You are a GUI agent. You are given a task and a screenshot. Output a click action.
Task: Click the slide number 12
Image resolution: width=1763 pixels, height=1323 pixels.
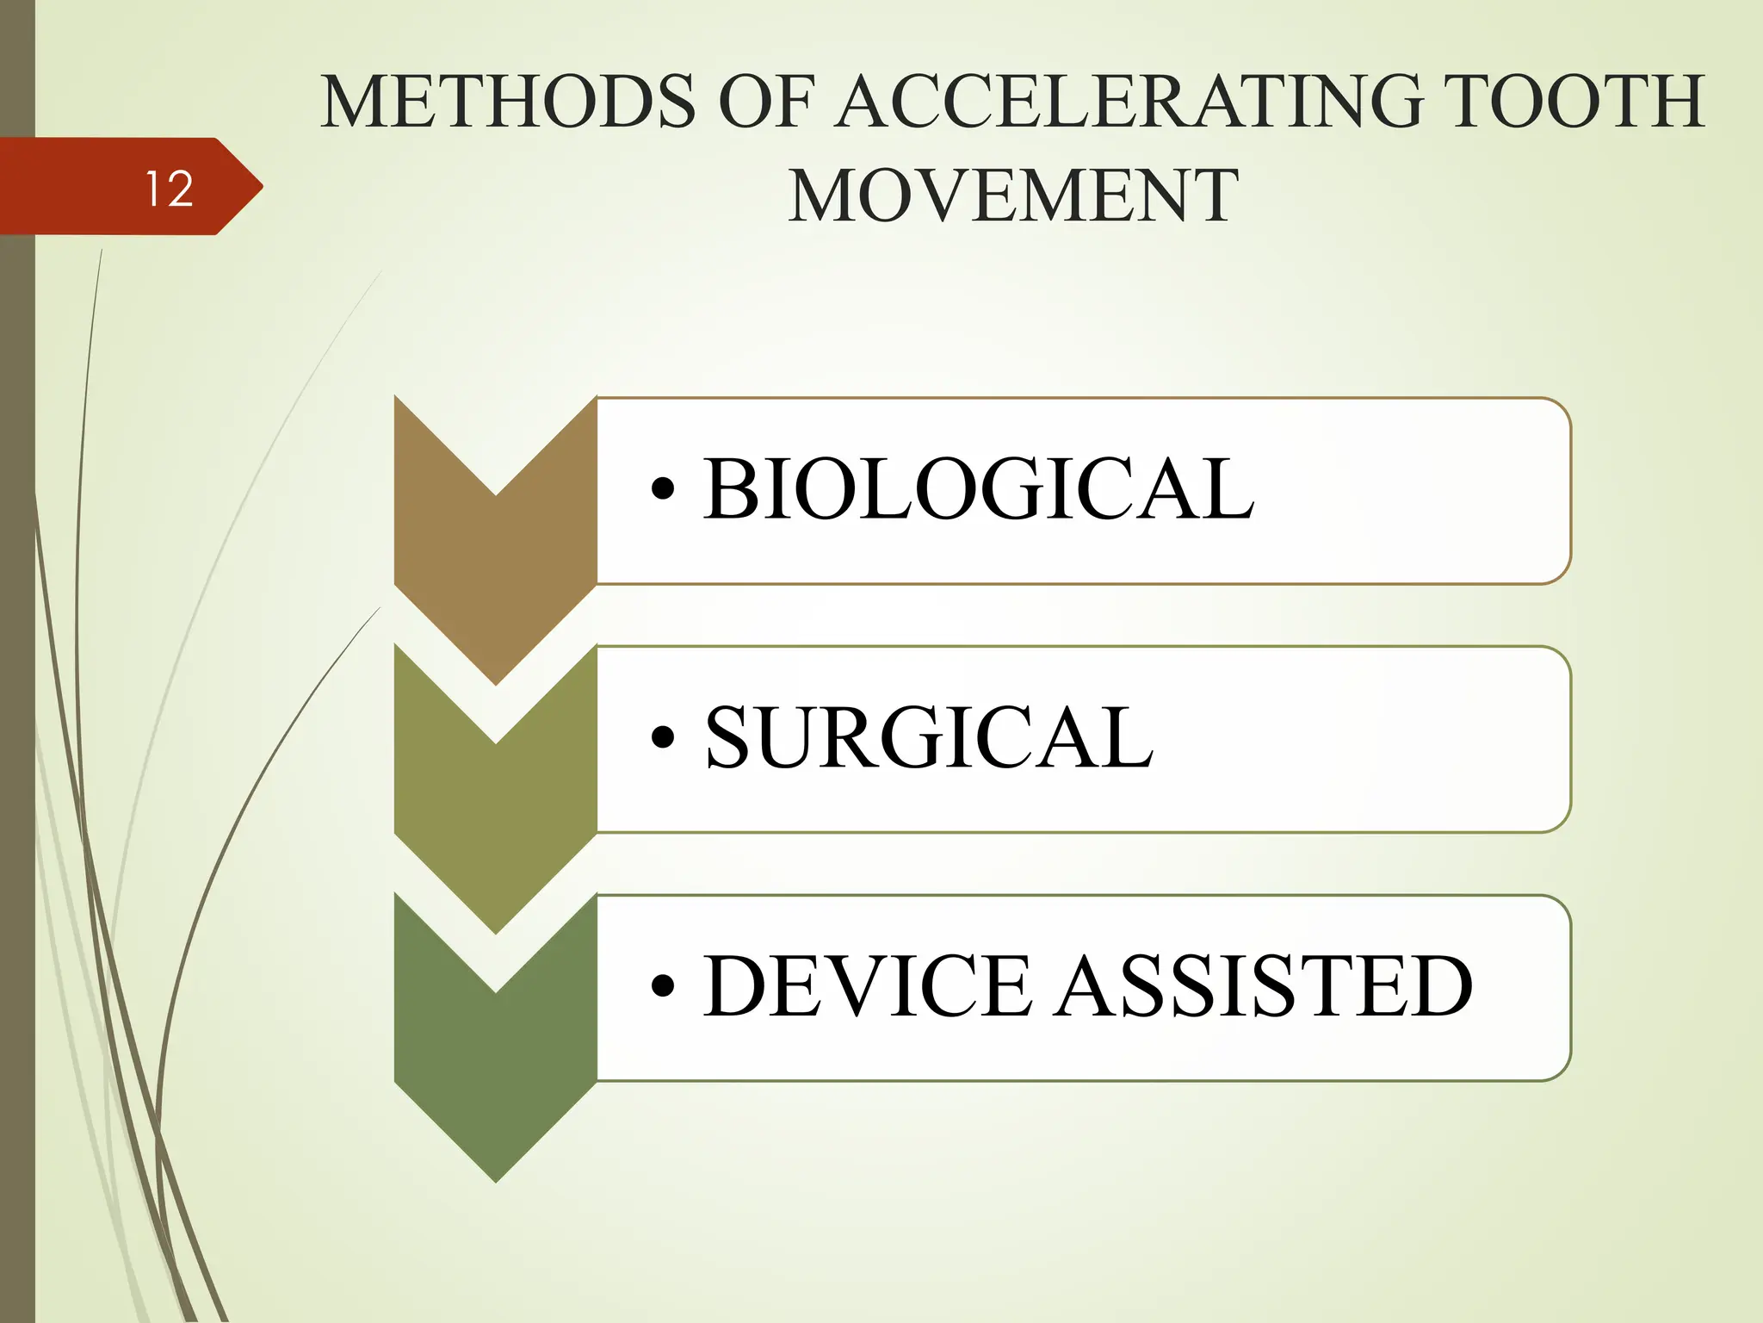tap(169, 189)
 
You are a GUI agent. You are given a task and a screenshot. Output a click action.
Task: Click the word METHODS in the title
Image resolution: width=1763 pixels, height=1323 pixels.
tap(508, 102)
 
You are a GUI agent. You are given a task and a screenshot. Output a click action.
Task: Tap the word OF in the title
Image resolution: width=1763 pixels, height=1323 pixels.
tap(765, 102)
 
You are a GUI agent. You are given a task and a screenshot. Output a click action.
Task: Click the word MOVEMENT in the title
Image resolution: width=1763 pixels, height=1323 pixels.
tap(1013, 197)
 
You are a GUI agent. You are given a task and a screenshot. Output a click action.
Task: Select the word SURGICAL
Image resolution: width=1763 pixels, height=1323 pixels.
tap(929, 738)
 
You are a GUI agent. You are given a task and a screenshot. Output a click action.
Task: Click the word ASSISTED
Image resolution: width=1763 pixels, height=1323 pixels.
tap(1265, 986)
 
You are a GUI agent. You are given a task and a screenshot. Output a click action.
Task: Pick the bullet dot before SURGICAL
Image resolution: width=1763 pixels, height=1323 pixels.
tap(663, 738)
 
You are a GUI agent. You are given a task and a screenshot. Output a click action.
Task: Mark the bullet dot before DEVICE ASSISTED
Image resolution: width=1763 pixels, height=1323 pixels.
tap(663, 986)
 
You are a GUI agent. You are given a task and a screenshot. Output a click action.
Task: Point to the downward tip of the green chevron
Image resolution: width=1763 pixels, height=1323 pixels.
tap(496, 1178)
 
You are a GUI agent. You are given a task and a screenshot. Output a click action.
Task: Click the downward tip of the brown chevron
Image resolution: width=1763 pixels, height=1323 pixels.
tap(496, 682)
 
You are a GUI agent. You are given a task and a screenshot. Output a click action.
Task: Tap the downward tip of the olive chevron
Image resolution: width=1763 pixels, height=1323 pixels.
tap(496, 930)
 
